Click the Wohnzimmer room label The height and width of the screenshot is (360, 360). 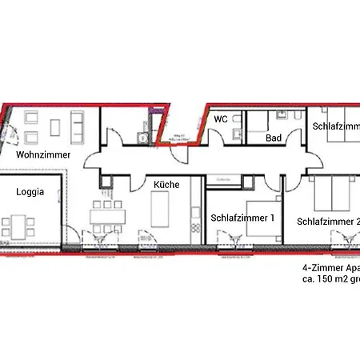(43, 154)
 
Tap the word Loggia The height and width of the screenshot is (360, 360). (30, 192)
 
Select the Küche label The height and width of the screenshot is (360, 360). (166, 184)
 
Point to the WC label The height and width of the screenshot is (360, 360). (222, 118)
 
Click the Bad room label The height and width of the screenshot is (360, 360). (274, 138)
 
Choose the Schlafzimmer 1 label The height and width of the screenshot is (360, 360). (242, 217)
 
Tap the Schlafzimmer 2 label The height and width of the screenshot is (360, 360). (328, 221)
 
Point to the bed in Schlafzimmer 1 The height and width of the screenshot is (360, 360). (263, 216)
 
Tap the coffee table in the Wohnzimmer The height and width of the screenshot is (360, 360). (56, 126)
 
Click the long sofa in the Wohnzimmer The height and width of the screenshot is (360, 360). (80, 125)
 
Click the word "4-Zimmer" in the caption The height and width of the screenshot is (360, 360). (318, 269)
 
